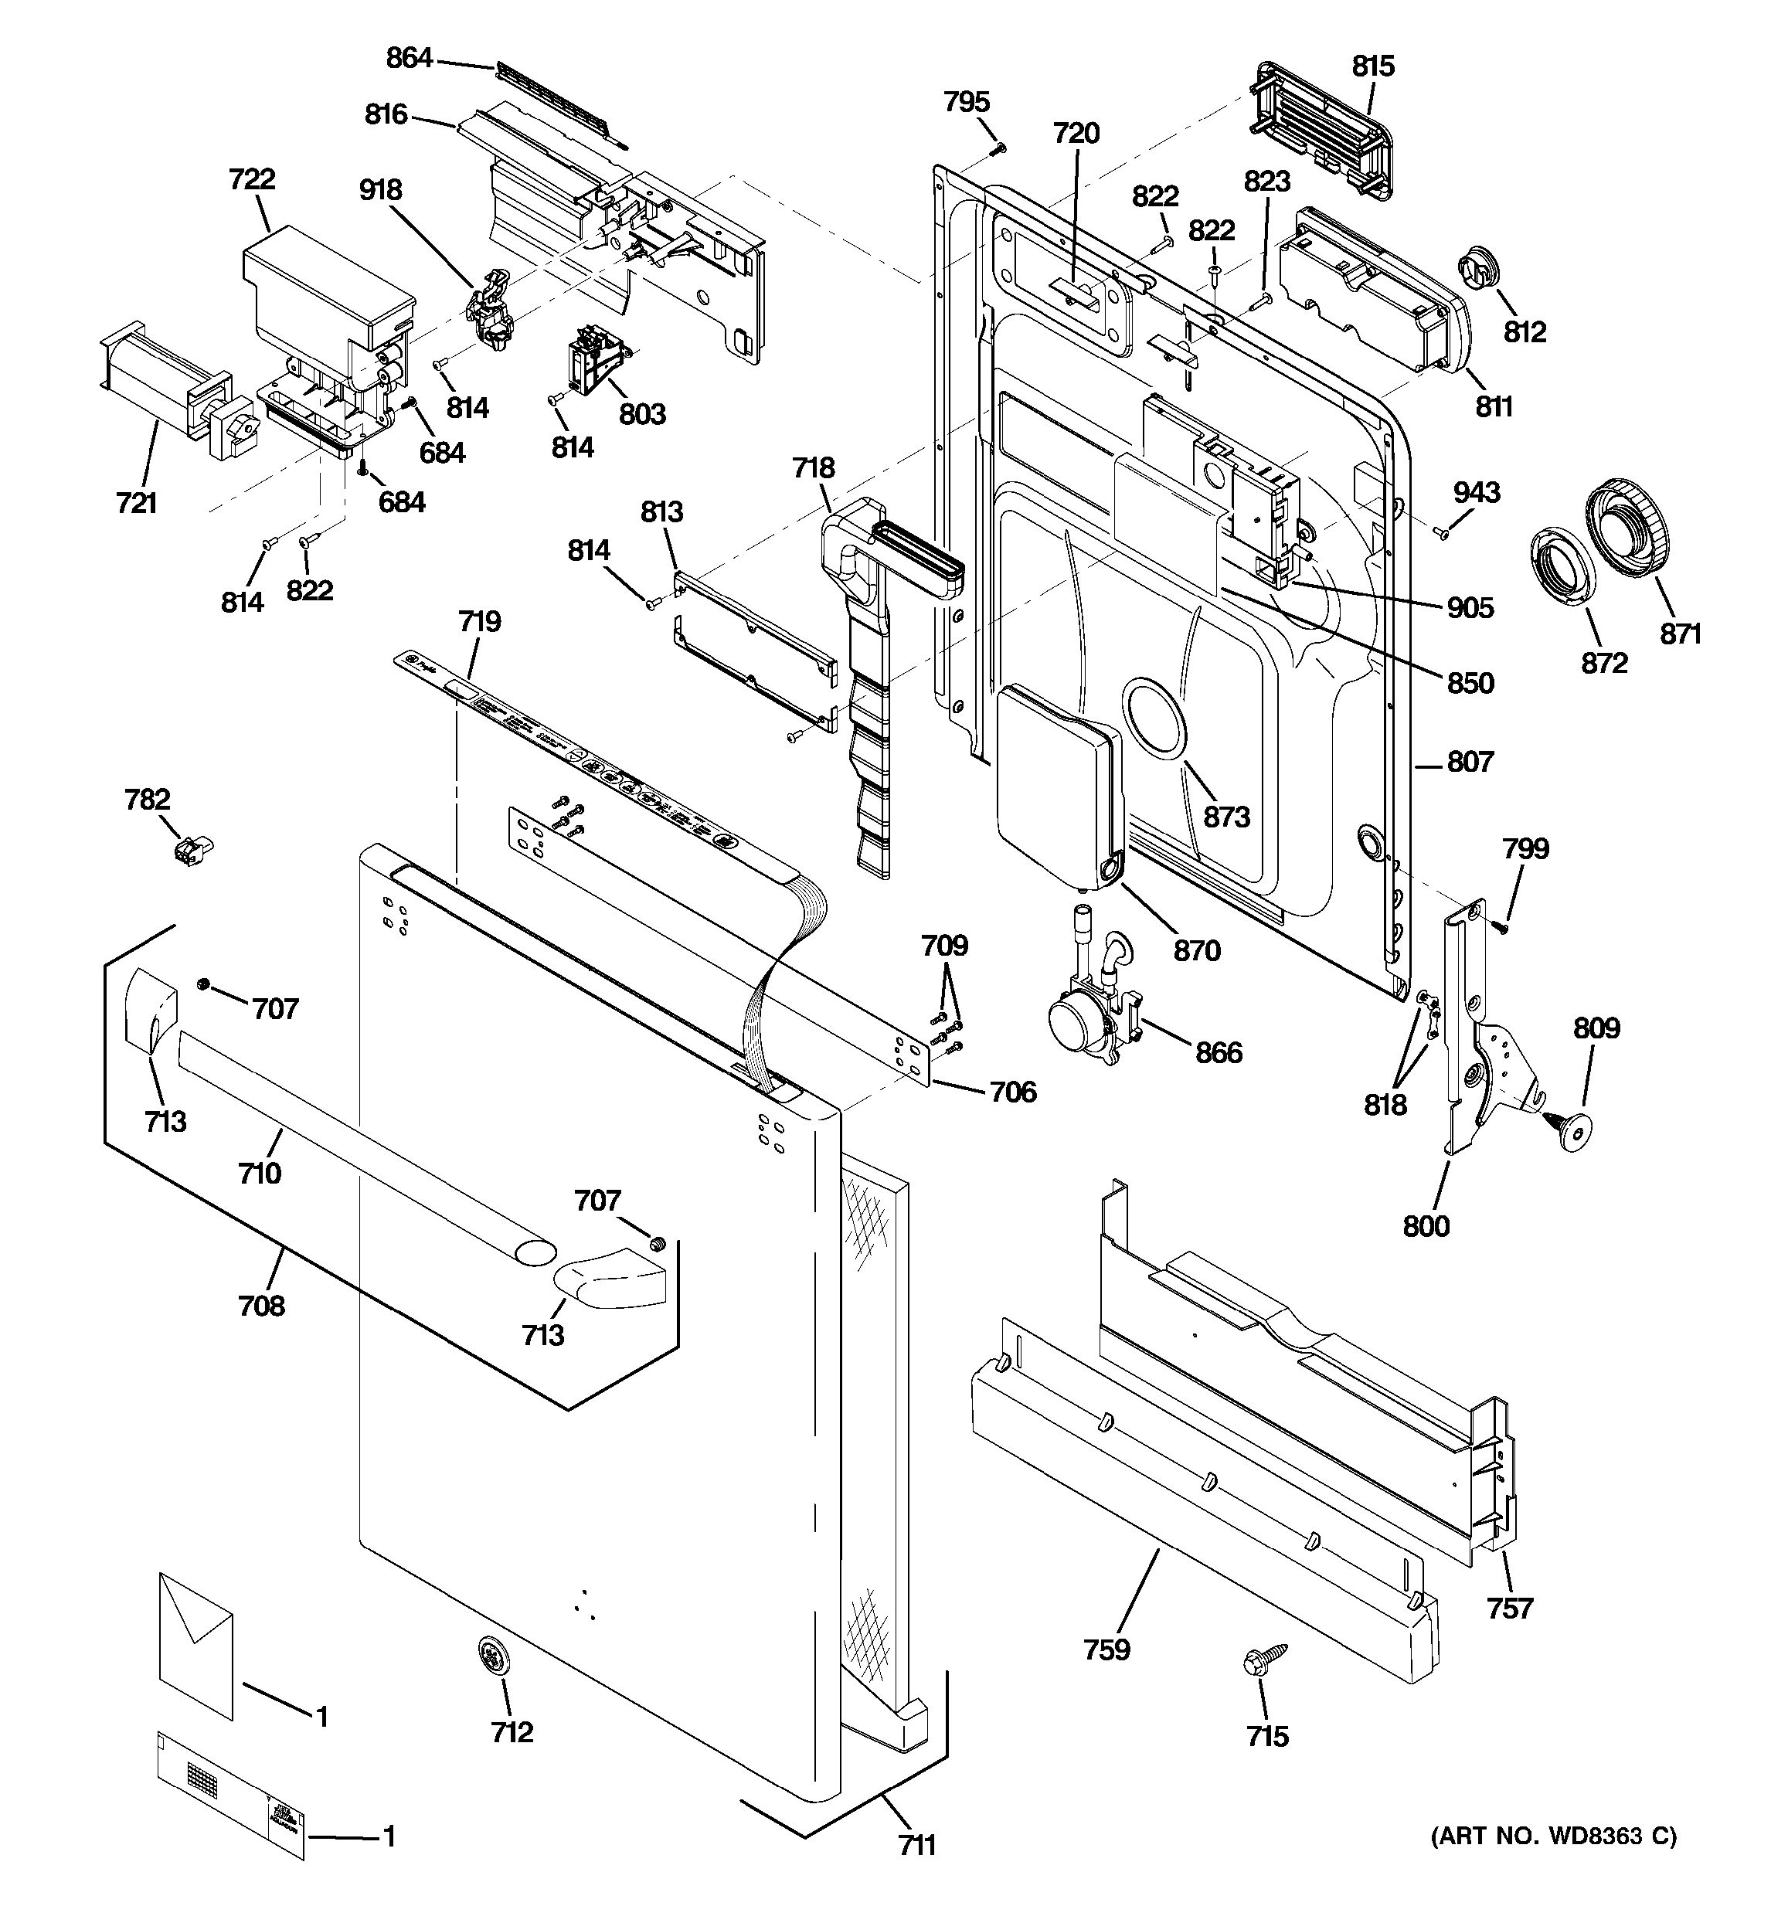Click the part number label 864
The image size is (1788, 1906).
tap(409, 59)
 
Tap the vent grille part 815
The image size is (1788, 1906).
tap(1323, 131)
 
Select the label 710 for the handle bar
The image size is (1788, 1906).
tap(260, 1173)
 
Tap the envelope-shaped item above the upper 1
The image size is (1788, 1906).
tap(195, 1644)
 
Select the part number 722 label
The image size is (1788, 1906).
tap(251, 179)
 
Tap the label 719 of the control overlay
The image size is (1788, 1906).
tap(479, 621)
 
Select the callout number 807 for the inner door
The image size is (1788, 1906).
tap(1470, 763)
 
